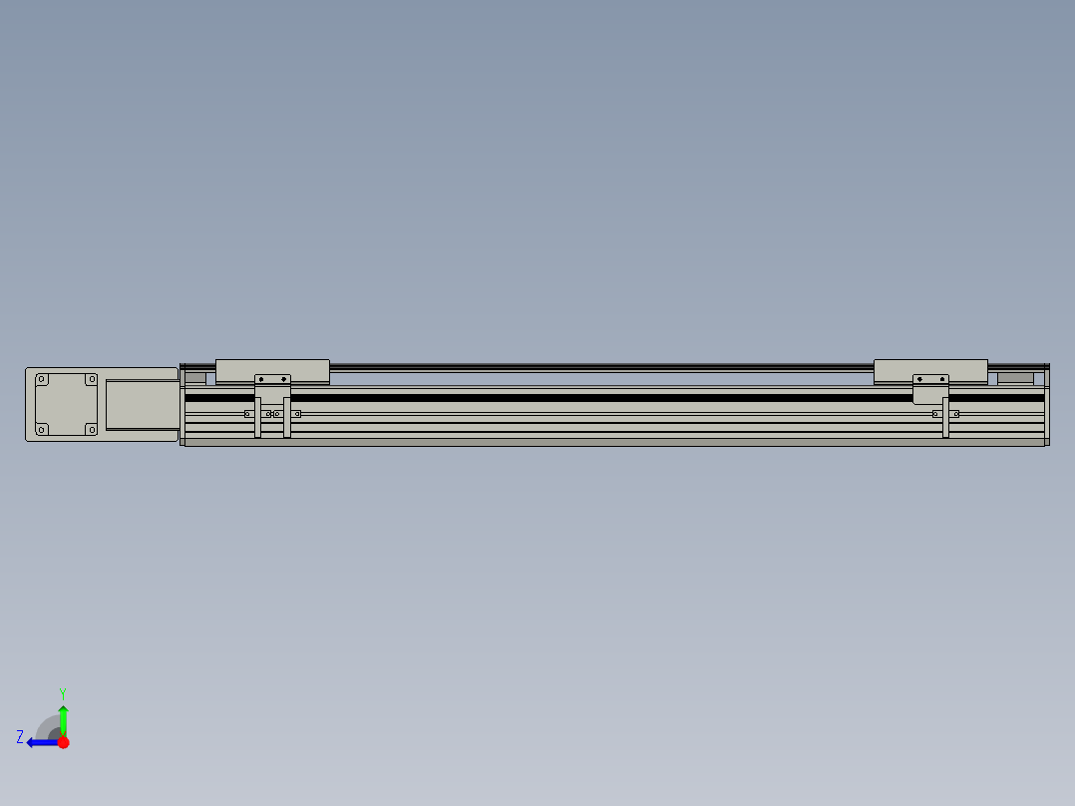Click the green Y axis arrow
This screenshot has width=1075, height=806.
(x=63, y=720)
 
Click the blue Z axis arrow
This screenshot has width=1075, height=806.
(x=43, y=742)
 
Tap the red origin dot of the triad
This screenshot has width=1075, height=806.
(x=63, y=742)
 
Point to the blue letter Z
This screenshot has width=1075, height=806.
(x=20, y=737)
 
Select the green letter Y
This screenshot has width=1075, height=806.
(x=63, y=693)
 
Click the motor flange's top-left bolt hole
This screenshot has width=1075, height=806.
(x=42, y=379)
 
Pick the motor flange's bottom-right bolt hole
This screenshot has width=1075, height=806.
(x=91, y=429)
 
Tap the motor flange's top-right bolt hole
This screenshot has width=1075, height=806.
(x=91, y=379)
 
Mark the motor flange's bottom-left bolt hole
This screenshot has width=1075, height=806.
(x=42, y=429)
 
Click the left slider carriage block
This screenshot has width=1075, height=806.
(x=272, y=371)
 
